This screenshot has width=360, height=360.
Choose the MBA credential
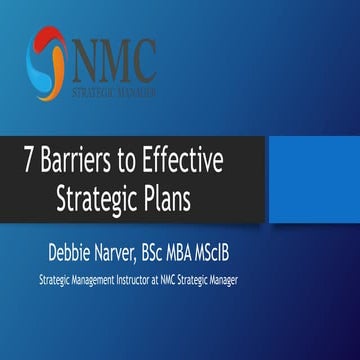pyautogui.click(x=221, y=246)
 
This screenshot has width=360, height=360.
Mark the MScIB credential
pyautogui.click(x=261, y=246)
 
